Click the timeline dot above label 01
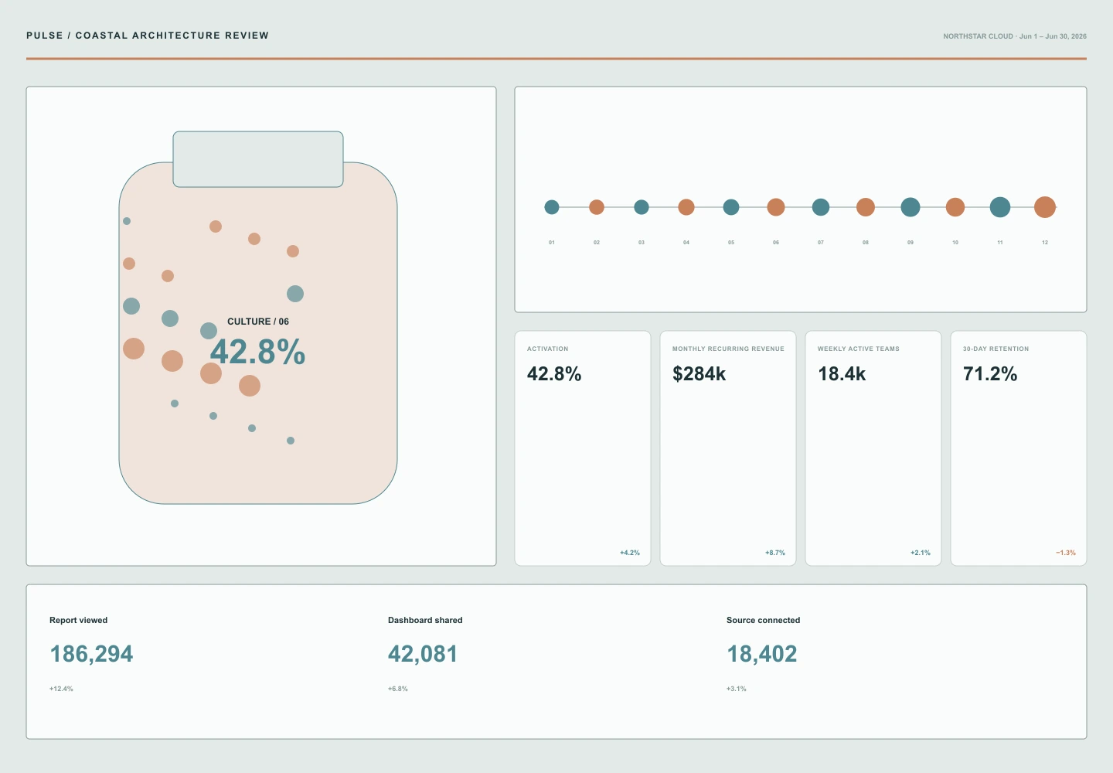(552, 207)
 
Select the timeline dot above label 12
(1045, 207)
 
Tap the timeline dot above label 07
(820, 207)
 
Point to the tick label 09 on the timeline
(910, 243)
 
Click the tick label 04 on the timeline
(686, 243)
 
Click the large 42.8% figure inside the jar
(257, 352)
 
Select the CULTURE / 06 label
(258, 322)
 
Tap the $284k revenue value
(699, 373)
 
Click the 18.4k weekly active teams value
(842, 373)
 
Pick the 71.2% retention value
(990, 373)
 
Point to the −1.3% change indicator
(1066, 553)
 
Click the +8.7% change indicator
(775, 553)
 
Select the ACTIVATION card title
(547, 349)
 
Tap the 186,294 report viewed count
(91, 654)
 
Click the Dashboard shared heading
(425, 620)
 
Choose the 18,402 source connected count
(762, 654)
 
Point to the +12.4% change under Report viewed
(61, 689)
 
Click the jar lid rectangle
(258, 159)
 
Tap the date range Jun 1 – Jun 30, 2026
(1053, 36)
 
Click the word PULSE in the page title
(45, 36)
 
